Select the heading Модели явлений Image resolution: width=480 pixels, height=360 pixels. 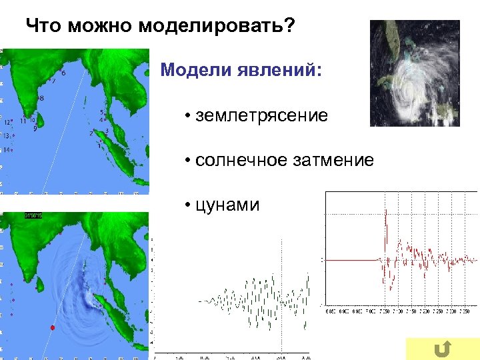point(241,70)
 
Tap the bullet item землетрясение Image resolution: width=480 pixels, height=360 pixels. point(261,115)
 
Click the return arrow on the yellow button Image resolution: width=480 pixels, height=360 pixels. point(441,348)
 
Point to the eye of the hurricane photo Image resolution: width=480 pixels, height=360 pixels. point(408,86)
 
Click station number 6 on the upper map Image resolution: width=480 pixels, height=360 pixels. point(63,73)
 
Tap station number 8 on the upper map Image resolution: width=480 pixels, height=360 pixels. point(41,98)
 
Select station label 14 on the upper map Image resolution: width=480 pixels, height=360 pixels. point(7,150)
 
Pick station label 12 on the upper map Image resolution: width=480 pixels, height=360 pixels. point(7,123)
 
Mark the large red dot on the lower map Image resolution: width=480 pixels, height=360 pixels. point(51,328)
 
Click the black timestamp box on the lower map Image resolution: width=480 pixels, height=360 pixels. point(33,215)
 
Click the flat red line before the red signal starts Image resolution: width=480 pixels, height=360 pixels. point(350,259)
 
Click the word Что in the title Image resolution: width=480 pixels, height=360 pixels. point(39,27)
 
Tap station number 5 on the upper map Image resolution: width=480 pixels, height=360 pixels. point(101,113)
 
